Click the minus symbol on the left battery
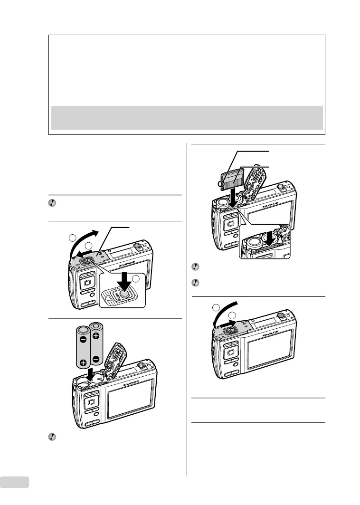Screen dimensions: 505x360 pos(83,340)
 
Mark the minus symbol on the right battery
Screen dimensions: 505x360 pos(96,360)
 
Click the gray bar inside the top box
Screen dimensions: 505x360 pos(187,117)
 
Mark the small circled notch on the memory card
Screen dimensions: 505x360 pos(221,184)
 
